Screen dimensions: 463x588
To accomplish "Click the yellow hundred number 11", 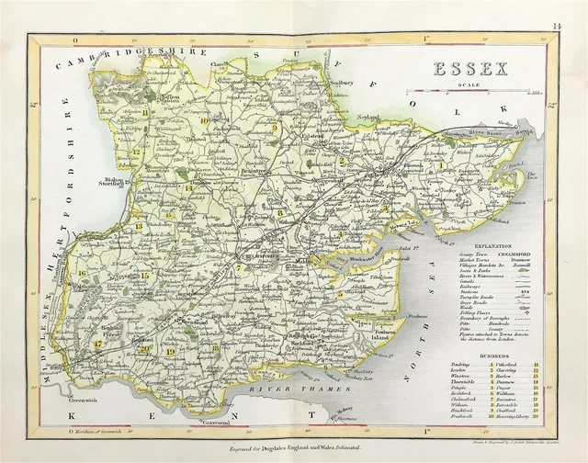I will tap(145, 112).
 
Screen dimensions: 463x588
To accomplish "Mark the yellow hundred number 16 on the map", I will tap(82, 273).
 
